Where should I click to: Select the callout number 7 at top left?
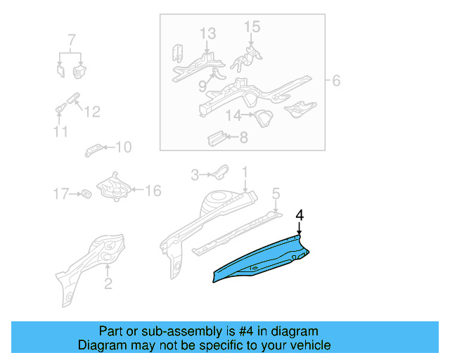70,39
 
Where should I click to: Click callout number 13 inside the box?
207,34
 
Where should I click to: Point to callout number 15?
252,27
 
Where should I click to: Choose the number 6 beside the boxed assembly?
335,82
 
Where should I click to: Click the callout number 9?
202,86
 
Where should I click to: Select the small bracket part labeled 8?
215,136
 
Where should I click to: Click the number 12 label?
92,111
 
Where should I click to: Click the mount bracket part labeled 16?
112,188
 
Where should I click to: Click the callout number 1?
245,172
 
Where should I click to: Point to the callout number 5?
276,192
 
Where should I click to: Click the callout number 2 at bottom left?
108,284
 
